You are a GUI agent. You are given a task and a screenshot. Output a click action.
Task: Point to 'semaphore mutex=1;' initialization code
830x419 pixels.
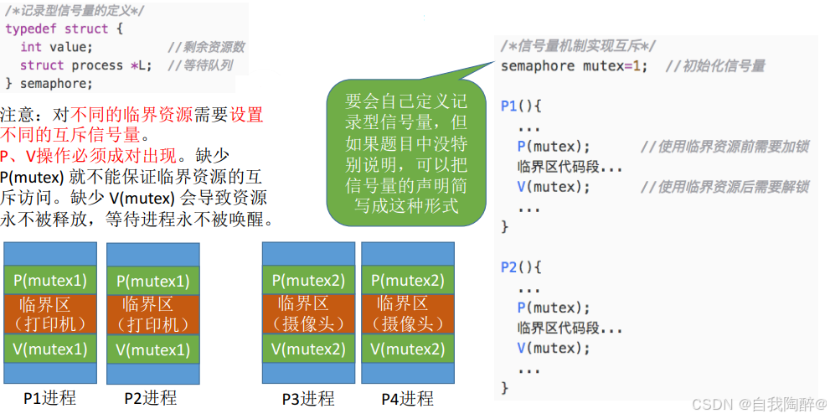click(574, 66)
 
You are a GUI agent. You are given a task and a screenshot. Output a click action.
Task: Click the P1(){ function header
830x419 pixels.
click(522, 106)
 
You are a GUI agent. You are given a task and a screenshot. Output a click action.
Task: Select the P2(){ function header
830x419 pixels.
click(522, 267)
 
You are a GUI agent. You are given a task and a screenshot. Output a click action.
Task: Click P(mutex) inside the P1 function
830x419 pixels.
click(554, 147)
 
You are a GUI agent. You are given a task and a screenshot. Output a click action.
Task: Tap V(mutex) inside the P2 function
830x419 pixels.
click(554, 348)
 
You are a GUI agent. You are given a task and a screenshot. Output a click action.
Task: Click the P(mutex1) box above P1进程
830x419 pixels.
click(50, 280)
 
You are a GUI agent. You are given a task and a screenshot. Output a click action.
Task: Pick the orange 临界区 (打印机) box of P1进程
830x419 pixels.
click(50, 313)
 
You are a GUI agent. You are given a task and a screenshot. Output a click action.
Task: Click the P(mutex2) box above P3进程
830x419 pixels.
click(308, 280)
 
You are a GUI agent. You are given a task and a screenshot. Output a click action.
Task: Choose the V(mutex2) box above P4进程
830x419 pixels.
click(407, 349)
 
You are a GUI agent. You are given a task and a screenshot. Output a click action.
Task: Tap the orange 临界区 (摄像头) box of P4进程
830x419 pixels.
click(407, 313)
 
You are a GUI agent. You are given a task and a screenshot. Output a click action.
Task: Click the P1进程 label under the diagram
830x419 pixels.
click(49, 398)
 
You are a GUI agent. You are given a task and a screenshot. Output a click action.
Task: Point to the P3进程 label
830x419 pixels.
click(307, 399)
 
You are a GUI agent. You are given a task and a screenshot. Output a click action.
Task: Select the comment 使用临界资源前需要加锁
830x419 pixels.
click(724, 147)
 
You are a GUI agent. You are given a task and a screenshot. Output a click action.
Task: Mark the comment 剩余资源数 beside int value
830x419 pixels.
click(206, 47)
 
